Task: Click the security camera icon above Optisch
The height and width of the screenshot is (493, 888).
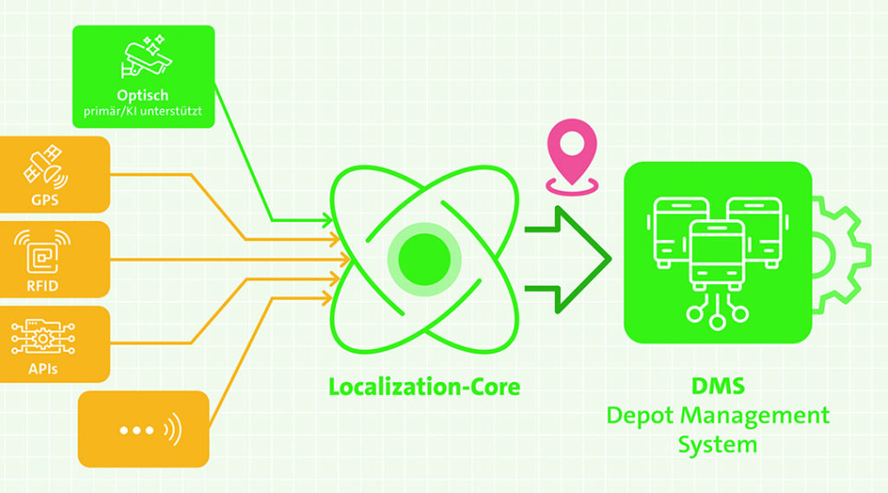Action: tap(146, 57)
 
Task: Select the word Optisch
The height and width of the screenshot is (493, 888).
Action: tap(143, 95)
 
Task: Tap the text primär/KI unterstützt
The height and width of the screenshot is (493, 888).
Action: tap(143, 112)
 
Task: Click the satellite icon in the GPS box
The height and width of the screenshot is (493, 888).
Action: tap(45, 167)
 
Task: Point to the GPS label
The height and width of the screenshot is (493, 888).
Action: tap(45, 200)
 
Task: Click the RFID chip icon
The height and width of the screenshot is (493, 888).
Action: tap(42, 252)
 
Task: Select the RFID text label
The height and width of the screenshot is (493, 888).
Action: tap(42, 286)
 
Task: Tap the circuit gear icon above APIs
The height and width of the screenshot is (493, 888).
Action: tap(43, 337)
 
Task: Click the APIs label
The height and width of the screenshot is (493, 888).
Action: tap(43, 369)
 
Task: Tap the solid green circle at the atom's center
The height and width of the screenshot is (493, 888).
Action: tap(424, 259)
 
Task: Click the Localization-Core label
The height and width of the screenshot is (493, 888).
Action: tap(424, 387)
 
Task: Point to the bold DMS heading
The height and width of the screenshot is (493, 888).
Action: tap(717, 386)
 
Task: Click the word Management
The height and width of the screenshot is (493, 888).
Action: tap(754, 416)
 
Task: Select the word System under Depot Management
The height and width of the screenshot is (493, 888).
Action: tap(717, 444)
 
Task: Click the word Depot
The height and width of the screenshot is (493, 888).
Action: tap(641, 416)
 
